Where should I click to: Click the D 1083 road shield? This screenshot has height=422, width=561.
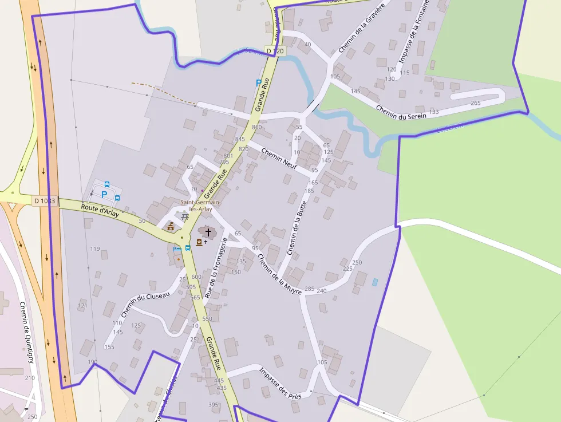(44, 200)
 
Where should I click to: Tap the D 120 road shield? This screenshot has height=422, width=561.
(274, 52)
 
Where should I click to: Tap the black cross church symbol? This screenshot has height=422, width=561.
(208, 232)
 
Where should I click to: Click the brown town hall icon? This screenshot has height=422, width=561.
(170, 227)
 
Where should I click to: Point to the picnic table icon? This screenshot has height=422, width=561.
(184, 217)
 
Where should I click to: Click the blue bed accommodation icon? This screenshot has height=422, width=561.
(177, 249)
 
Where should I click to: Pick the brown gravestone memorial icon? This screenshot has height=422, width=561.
(199, 242)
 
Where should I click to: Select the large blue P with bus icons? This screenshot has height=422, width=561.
(104, 194)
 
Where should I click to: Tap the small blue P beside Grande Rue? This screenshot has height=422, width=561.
(258, 82)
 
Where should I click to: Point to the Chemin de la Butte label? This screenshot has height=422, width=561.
(298, 227)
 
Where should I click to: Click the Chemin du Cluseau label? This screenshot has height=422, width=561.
(145, 305)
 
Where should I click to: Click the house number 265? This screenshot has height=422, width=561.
(476, 103)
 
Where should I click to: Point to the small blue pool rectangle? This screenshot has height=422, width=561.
(375, 282)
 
